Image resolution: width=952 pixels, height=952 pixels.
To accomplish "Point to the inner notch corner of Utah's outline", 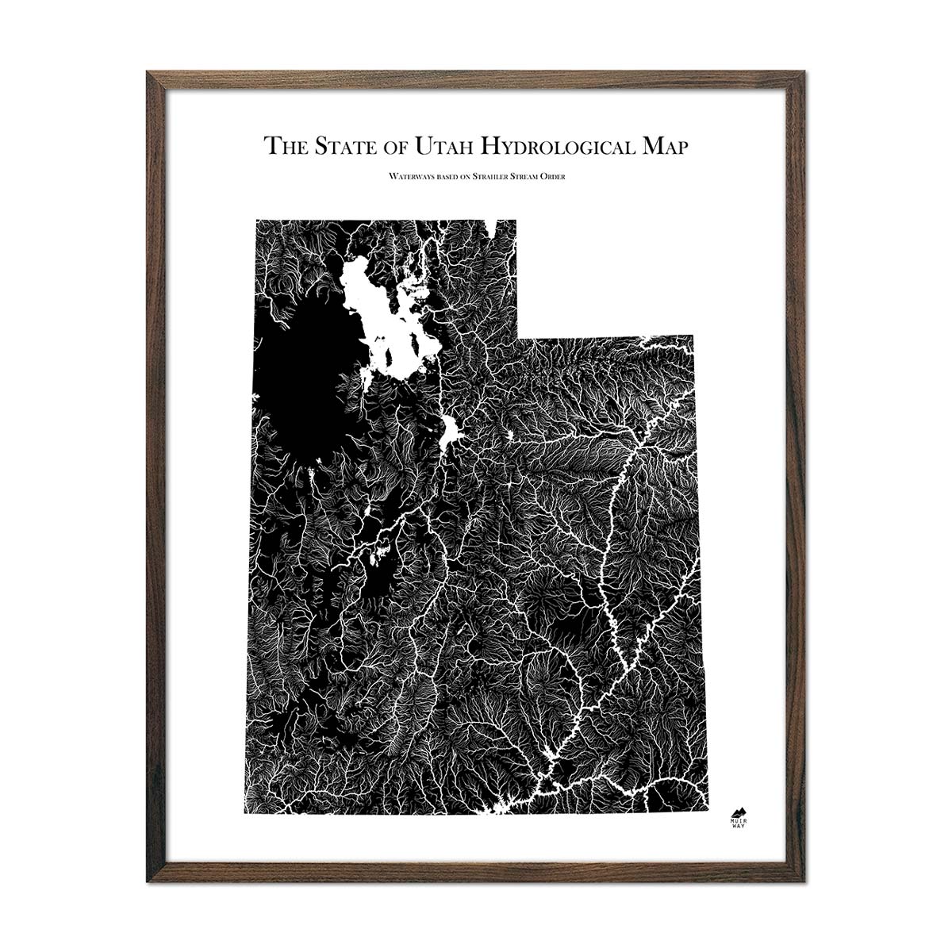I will [x=517, y=336].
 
